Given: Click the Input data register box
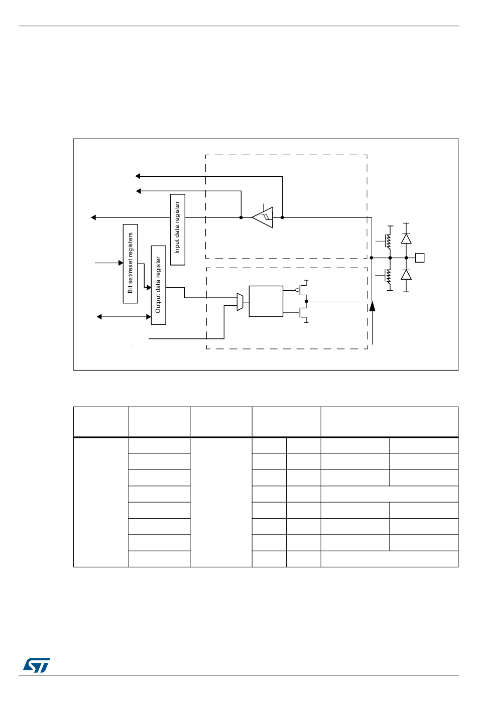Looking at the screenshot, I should (178, 229).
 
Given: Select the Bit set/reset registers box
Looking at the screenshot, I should (131, 264).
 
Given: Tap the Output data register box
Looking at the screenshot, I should (158, 285).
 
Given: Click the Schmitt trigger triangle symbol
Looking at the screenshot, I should (264, 217).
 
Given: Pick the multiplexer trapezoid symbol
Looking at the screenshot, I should (240, 302).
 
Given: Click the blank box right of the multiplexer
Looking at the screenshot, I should (266, 301).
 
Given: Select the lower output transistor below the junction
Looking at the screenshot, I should (303, 313).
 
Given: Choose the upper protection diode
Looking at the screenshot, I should (406, 239).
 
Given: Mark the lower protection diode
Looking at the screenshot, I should (406, 275).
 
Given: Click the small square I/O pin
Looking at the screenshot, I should (420, 258).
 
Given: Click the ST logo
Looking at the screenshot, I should (36, 665).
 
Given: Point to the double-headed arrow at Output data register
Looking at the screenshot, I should (124, 317).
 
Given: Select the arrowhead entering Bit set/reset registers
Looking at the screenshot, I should (121, 263).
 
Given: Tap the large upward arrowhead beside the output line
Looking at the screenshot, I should (372, 306).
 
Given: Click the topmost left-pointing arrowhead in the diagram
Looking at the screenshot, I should (138, 176).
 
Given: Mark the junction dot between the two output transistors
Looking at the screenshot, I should (306, 301).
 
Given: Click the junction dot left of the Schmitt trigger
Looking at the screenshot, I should (241, 217).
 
